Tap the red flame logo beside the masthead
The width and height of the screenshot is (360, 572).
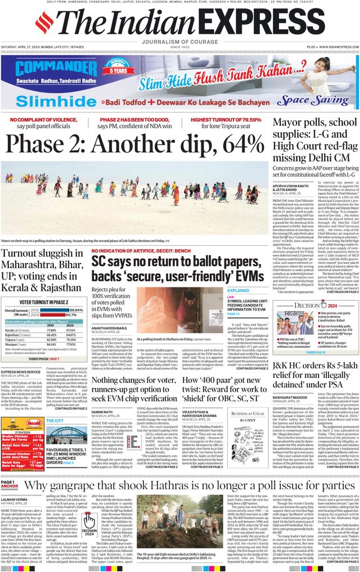[44, 23]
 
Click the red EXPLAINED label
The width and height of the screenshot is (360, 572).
[238, 291]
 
